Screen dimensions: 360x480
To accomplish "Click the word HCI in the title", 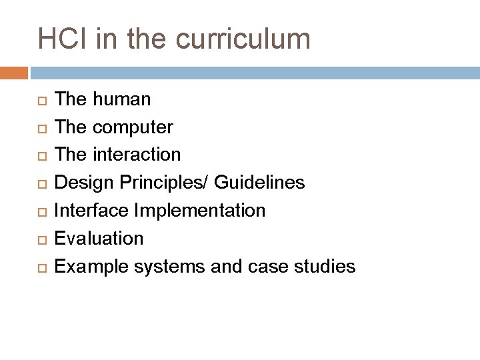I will (x=63, y=39).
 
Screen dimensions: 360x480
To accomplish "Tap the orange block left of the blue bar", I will (x=14, y=72).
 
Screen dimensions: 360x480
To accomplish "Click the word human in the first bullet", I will (x=122, y=99).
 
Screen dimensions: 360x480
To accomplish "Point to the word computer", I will (x=133, y=127).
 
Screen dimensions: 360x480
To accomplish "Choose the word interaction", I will (x=137, y=155).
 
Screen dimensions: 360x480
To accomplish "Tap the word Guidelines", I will (x=260, y=182).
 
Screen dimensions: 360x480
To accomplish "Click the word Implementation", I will (x=200, y=211).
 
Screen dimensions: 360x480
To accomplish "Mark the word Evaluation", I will (x=99, y=238).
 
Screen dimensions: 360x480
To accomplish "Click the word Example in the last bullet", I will (x=92, y=267).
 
